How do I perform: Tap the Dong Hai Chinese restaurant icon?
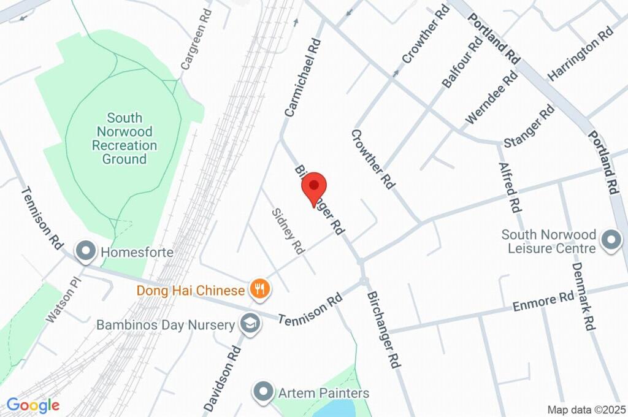[260, 288]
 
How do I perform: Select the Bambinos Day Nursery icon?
[250, 324]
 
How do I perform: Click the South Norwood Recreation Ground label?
[124, 139]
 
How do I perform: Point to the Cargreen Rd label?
[197, 38]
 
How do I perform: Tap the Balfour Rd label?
[462, 62]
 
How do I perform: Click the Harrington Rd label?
[581, 54]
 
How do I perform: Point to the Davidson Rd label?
[223, 377]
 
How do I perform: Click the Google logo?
[33, 405]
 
